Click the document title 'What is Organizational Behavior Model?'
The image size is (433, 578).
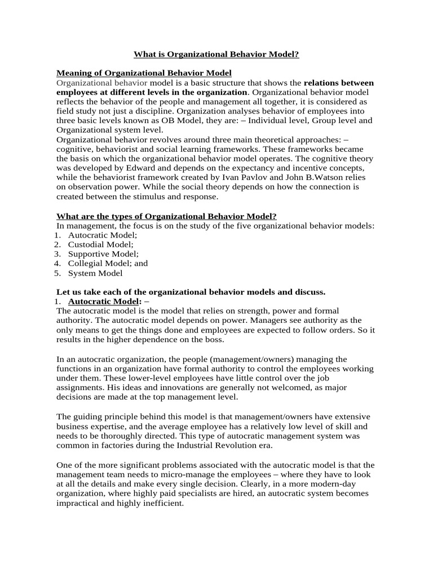[x=216, y=55]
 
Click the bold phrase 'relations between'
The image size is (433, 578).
[x=338, y=83]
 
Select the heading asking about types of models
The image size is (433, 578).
[x=166, y=216]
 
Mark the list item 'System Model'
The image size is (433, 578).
[x=95, y=273]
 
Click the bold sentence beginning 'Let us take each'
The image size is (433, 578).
[x=191, y=292]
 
